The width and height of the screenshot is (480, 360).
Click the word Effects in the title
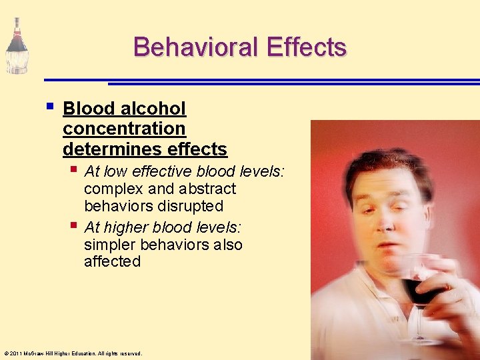tap(307, 47)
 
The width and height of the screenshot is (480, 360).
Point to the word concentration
tap(124, 128)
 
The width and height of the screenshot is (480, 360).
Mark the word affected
tap(112, 261)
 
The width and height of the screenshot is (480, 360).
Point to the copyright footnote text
tap(73, 353)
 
